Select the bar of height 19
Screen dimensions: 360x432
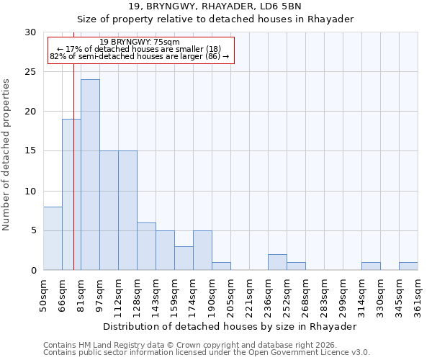71,194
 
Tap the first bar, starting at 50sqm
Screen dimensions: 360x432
53,238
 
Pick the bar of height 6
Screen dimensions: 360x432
146,246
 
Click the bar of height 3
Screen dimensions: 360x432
184,258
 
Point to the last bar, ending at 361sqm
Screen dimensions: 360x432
408,266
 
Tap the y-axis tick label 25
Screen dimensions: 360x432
30,72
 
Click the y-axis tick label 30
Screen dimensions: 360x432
30,32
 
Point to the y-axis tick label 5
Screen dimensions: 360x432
33,230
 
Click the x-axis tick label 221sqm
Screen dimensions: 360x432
249,294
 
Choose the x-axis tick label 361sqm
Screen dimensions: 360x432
418,294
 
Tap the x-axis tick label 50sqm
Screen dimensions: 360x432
43,294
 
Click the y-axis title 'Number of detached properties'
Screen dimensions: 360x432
6,155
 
